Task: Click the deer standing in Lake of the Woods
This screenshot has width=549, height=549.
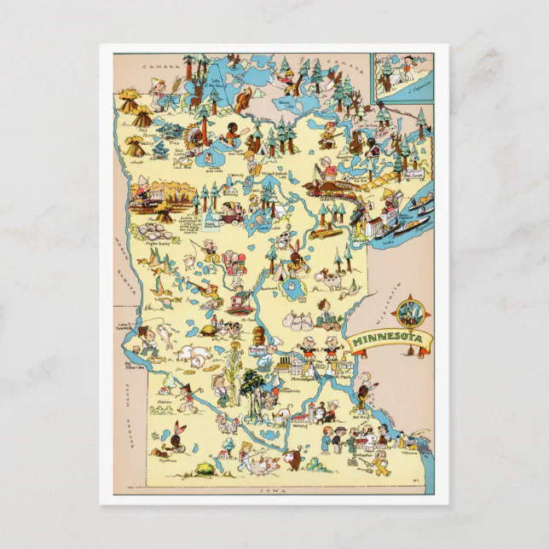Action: (x=197, y=85)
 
